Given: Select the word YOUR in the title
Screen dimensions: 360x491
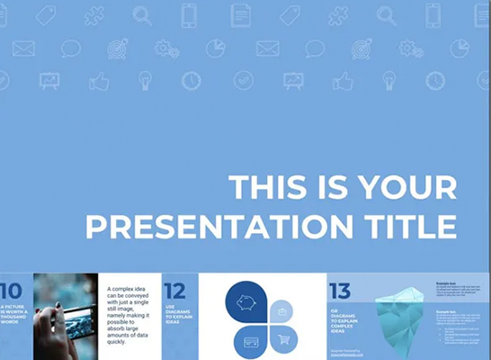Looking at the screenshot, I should tap(407, 188).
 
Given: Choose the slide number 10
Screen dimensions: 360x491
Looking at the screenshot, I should tap(13, 291).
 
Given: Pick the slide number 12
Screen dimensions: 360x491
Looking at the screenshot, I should tap(175, 291).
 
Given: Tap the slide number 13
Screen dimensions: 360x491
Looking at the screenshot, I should tap(340, 291).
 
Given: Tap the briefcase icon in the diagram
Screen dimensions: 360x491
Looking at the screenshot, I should tap(282, 310).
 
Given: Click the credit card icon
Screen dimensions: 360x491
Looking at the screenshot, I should tap(251, 341).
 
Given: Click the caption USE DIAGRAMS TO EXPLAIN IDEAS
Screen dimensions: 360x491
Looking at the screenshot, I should tap(174, 313).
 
